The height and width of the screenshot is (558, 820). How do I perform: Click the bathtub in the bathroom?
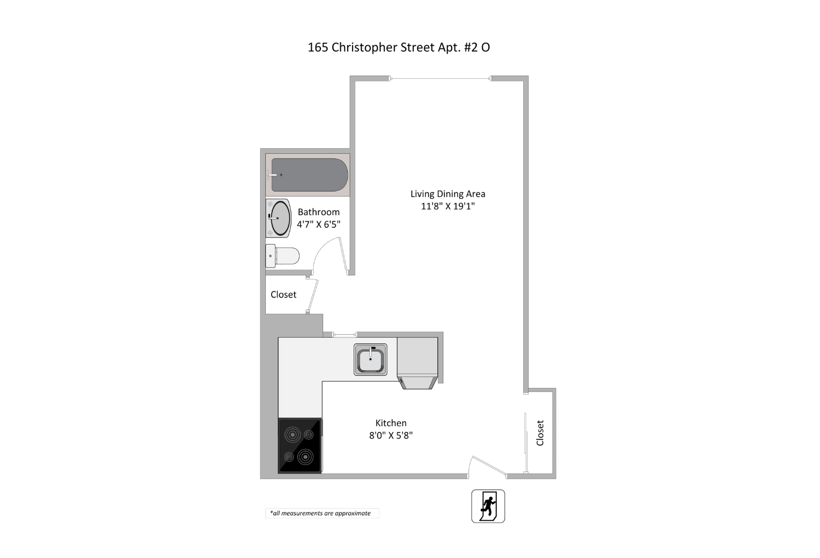pyautogui.click(x=309, y=175)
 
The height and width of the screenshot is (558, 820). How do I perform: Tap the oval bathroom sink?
pyautogui.click(x=280, y=218)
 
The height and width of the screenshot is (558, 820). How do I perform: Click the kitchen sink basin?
pyautogui.click(x=370, y=359)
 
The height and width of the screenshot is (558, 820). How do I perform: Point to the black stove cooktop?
pyautogui.click(x=300, y=445)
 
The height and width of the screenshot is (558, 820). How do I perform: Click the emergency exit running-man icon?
pyautogui.click(x=488, y=506)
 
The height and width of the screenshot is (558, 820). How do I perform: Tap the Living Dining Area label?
pyautogui.click(x=448, y=194)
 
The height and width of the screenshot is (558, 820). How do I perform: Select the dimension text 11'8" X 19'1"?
pyautogui.click(x=448, y=206)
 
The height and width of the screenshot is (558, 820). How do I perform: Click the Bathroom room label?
pyautogui.click(x=319, y=212)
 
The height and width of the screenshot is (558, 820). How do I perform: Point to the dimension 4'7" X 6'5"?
pyautogui.click(x=319, y=224)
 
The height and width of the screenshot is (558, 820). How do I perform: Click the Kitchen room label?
pyautogui.click(x=391, y=423)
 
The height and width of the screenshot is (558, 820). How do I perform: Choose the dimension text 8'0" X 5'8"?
pyautogui.click(x=391, y=435)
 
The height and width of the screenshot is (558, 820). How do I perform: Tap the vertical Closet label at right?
pyautogui.click(x=540, y=433)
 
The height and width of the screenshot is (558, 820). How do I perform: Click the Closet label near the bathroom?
pyautogui.click(x=283, y=294)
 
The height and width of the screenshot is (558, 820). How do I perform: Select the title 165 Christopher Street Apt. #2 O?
pyautogui.click(x=399, y=47)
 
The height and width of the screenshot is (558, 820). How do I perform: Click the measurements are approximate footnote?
pyautogui.click(x=321, y=513)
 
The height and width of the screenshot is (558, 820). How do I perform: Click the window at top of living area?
pyautogui.click(x=441, y=79)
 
